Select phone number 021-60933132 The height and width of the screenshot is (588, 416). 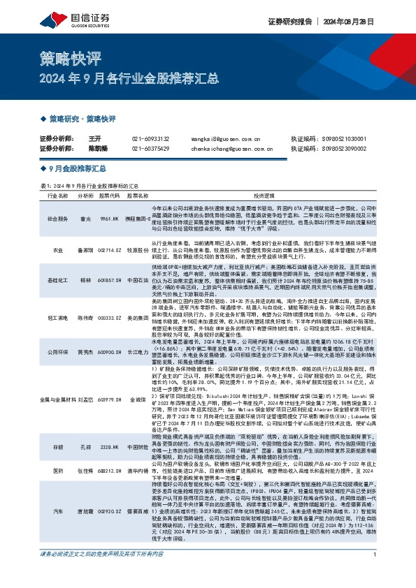click(150, 139)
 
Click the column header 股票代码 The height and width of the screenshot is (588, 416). click(110, 197)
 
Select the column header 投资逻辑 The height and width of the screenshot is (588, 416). click(265, 197)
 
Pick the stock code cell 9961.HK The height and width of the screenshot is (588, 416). click(110, 219)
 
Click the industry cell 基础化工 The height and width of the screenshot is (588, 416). click(56, 279)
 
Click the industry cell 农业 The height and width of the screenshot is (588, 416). click(56, 249)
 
